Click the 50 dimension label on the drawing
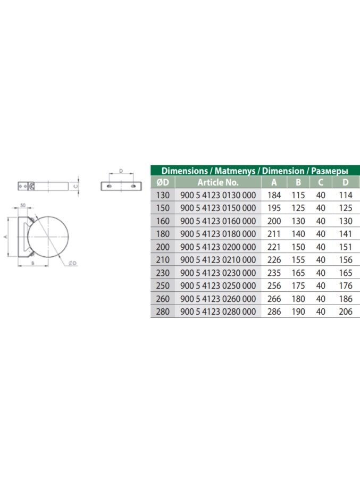pyautogui.click(x=23, y=205)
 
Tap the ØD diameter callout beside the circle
pyautogui.click(x=72, y=263)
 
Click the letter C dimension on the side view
pyautogui.click(x=76, y=186)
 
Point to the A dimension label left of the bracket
pyautogui.click(x=4, y=237)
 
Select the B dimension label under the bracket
pyautogui.click(x=33, y=263)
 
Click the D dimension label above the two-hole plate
pyautogui.click(x=121, y=171)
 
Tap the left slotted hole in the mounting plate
pyautogui.click(x=109, y=186)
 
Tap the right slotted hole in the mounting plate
pyautogui.click(x=133, y=186)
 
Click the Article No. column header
pyautogui.click(x=217, y=182)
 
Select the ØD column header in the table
pyautogui.click(x=163, y=182)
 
